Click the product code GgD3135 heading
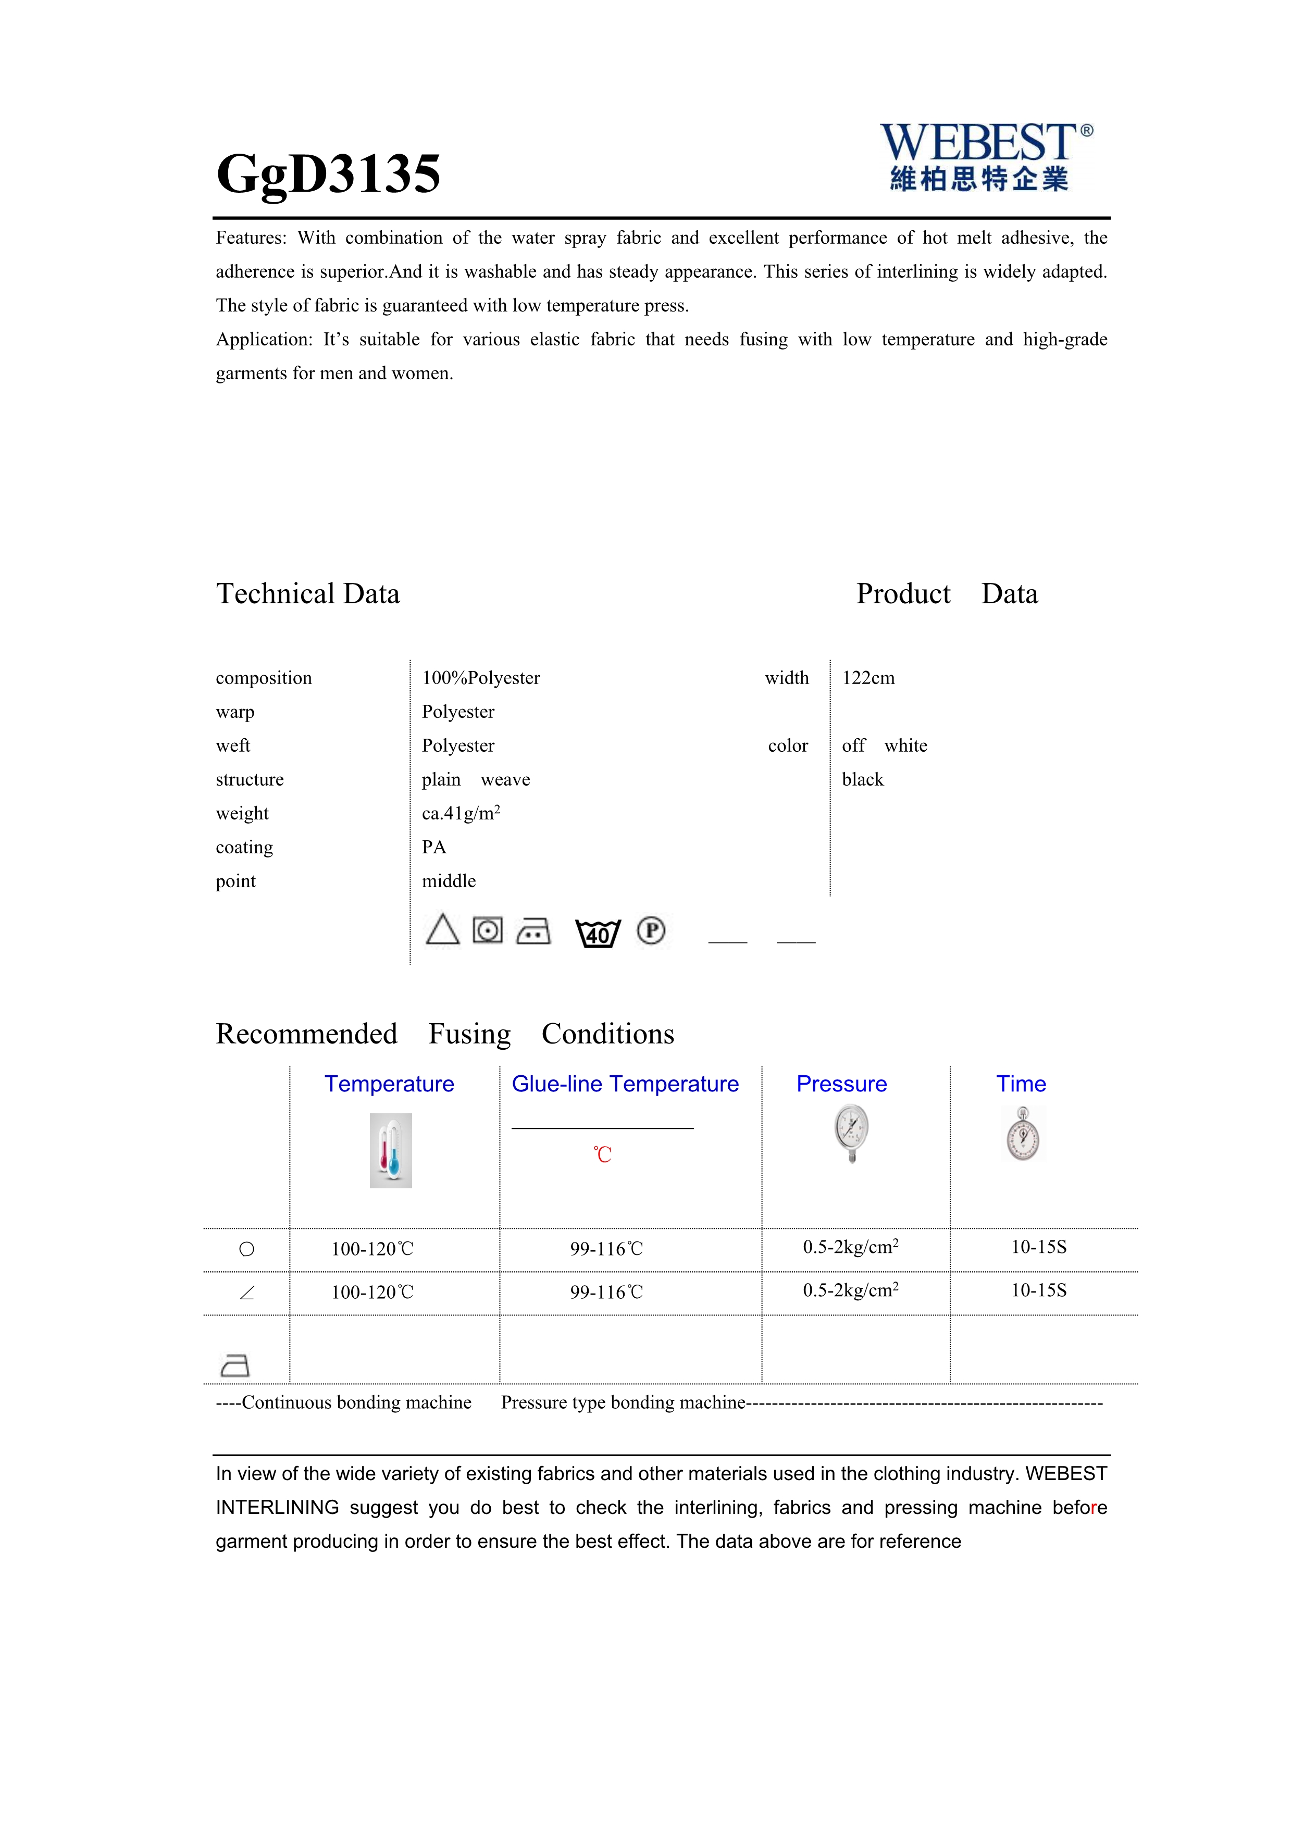click(328, 173)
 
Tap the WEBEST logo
click(985, 157)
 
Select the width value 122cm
click(868, 678)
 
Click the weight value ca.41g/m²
click(461, 813)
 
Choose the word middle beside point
click(449, 881)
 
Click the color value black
click(862, 780)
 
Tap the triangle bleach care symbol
click(442, 929)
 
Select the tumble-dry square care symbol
click(488, 929)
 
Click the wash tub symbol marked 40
click(598, 933)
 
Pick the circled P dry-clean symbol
click(651, 930)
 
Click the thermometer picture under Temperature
click(391, 1151)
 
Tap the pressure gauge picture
click(851, 1133)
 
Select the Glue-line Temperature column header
click(625, 1084)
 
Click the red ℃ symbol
click(602, 1154)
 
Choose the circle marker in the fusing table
click(246, 1249)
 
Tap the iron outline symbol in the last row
click(234, 1365)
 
